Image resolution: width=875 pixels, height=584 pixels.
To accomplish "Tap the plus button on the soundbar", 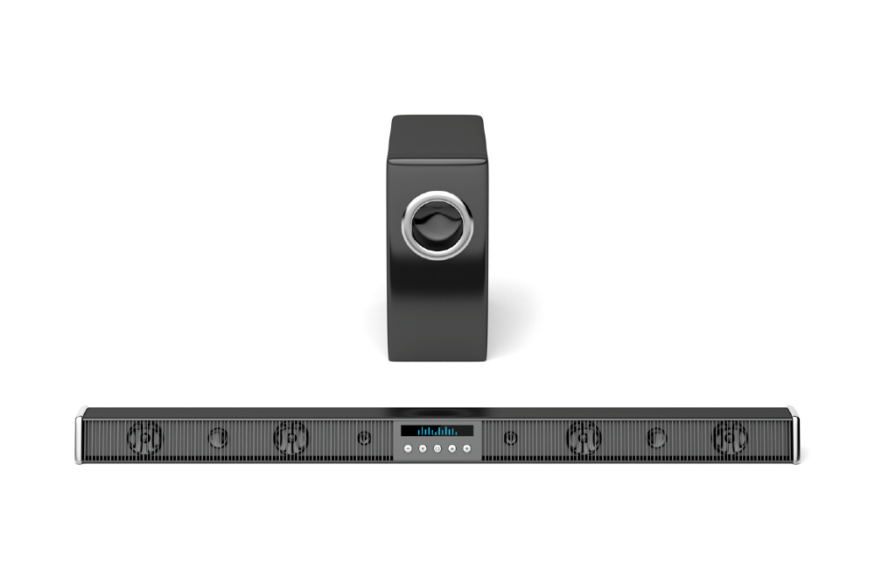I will click(x=467, y=448).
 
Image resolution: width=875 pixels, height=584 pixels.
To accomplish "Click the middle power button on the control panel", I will click(x=437, y=448).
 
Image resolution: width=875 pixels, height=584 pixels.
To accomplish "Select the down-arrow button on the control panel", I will click(x=422, y=448).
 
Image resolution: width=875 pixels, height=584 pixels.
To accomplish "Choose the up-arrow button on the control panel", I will click(x=452, y=448).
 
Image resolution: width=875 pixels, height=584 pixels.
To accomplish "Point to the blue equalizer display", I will click(x=437, y=431).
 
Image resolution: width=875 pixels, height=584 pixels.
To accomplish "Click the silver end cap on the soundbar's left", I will click(x=80, y=435).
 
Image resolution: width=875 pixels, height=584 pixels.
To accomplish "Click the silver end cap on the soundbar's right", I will click(x=794, y=435).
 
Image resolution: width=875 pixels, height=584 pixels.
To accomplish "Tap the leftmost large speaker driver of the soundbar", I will click(x=145, y=437).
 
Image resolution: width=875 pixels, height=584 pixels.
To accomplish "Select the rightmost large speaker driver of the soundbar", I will click(x=730, y=437).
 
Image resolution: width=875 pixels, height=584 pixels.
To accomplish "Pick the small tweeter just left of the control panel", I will click(x=364, y=437).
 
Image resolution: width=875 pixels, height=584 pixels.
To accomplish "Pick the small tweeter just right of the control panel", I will click(x=510, y=437).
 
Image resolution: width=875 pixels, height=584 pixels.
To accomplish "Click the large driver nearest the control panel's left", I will click(x=290, y=437).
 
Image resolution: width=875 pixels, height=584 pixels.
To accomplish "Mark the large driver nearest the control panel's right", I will click(x=584, y=437).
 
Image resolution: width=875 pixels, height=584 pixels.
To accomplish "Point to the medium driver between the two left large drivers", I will click(x=218, y=437).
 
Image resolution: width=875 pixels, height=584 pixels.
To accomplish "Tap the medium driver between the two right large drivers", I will click(x=657, y=437).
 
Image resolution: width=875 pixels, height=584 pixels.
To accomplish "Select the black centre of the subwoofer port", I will click(x=436, y=226).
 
